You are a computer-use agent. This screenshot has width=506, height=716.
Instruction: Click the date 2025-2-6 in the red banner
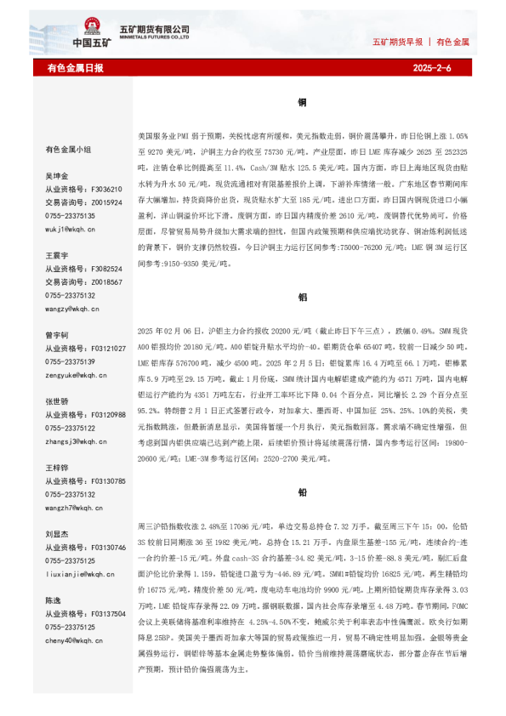point(432,68)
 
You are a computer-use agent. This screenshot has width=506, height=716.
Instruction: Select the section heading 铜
point(302,102)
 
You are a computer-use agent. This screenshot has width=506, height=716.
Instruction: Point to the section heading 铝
point(302,298)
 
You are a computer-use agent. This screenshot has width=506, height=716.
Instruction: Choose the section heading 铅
point(302,493)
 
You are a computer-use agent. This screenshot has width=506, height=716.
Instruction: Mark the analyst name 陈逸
point(53,600)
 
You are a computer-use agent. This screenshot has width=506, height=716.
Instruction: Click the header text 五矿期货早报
point(398,42)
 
